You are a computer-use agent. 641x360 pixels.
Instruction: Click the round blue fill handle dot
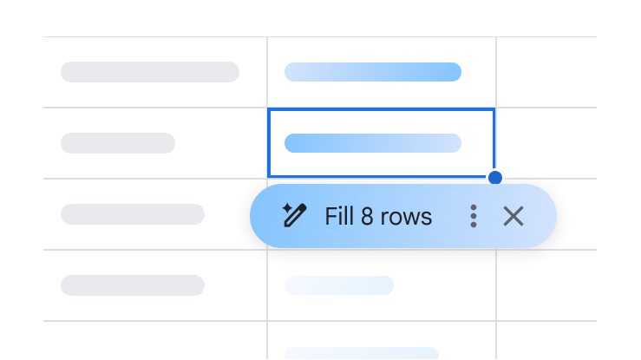495,178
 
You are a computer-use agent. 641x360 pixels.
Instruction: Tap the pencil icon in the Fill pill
296,216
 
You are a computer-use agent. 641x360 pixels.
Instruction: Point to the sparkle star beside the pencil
286,208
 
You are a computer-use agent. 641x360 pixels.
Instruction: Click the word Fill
339,216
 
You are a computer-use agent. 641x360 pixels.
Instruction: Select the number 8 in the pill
367,216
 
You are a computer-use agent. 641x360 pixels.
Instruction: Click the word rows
406,218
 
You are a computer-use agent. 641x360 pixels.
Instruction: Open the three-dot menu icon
474,216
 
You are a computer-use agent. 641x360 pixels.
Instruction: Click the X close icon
513,216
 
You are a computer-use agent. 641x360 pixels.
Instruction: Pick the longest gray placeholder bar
150,72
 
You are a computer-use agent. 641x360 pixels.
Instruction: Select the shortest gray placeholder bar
118,143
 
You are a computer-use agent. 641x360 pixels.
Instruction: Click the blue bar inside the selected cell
373,143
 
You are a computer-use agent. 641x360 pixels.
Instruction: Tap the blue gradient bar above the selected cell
373,72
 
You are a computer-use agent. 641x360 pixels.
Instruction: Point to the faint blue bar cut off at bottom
362,353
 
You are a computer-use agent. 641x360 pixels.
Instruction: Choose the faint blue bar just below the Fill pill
339,285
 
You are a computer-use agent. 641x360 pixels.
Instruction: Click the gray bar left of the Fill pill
133,214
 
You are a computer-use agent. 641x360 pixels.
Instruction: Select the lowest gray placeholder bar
133,285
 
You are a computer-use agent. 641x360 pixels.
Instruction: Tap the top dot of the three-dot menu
474,207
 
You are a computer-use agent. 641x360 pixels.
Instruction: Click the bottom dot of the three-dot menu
474,225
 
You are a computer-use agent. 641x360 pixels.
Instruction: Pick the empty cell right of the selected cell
546,143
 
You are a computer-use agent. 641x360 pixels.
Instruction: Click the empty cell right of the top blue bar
546,72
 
